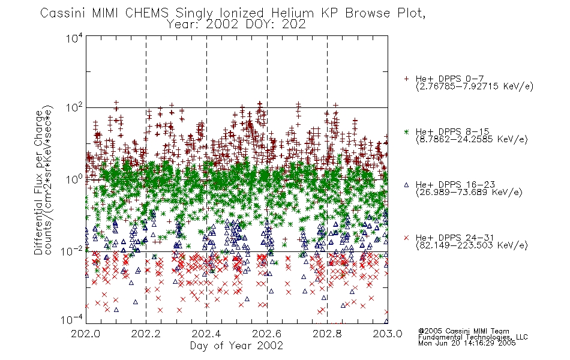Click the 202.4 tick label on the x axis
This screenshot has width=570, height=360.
[x=206, y=334]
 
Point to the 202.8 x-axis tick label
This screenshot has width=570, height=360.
[x=327, y=334]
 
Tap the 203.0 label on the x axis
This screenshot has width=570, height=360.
[x=388, y=334]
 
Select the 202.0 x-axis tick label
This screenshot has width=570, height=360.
[x=85, y=334]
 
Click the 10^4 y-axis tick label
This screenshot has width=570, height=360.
[x=74, y=38]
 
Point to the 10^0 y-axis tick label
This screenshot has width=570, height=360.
[x=74, y=179]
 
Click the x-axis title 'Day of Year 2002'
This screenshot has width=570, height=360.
[x=236, y=346]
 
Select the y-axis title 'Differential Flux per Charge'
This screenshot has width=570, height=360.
[x=38, y=182]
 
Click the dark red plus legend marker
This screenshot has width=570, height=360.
[x=406, y=79]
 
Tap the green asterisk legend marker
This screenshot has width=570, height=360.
[x=406, y=131]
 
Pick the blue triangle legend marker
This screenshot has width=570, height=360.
[x=406, y=185]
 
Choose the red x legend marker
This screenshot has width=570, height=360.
[x=406, y=238]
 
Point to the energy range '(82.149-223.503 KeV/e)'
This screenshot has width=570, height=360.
[x=472, y=245]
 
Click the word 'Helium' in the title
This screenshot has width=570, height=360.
[x=293, y=13]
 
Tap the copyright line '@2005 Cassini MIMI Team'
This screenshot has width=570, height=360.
[x=463, y=331]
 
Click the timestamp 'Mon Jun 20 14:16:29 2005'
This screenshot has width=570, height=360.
[x=467, y=343]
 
